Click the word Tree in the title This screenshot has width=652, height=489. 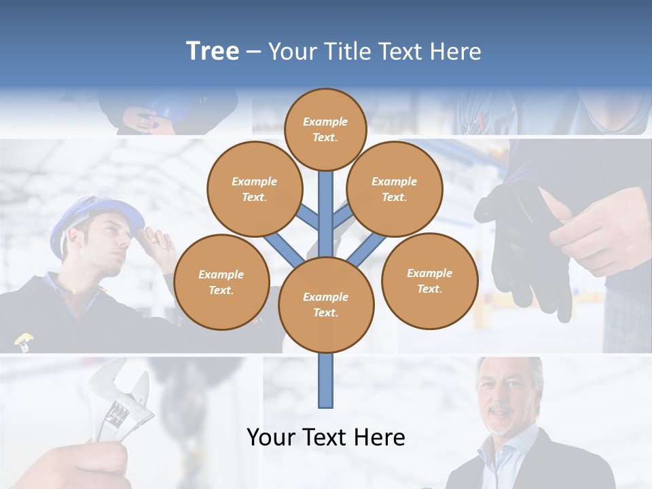tap(213, 52)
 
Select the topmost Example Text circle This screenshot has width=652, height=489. tap(325, 129)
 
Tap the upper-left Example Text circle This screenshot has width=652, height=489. tap(254, 189)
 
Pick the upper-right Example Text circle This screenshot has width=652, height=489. tap(394, 189)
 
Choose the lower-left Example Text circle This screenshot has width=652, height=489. tap(221, 282)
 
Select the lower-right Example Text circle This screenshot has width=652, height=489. tap(429, 280)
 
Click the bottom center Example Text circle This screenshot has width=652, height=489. tap(325, 304)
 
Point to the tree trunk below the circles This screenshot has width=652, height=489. tap(325, 380)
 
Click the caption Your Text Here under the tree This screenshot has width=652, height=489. tap(325, 437)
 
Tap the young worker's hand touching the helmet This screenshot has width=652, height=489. tap(155, 238)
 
